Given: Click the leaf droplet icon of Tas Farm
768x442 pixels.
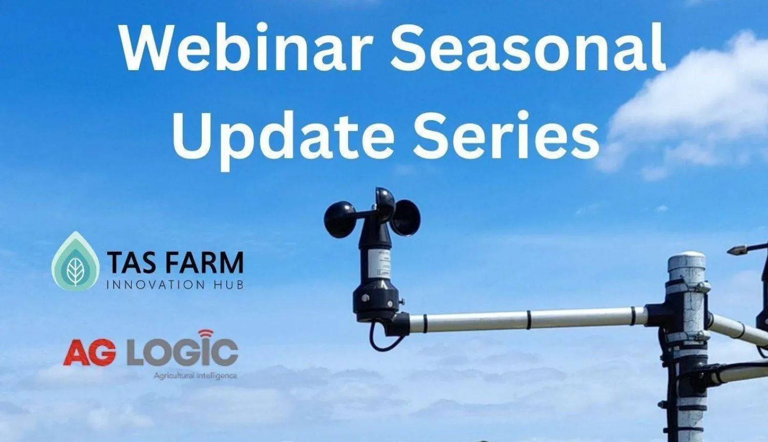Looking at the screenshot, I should (76, 262).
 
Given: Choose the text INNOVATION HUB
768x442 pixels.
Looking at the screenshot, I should (175, 284).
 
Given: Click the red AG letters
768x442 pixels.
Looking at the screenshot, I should (90, 352).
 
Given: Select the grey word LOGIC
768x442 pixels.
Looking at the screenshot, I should (182, 352).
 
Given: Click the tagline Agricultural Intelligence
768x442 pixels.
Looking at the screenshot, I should (195, 375).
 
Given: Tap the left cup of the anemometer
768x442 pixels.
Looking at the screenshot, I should (339, 219).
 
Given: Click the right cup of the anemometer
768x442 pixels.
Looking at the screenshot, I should (407, 217).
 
